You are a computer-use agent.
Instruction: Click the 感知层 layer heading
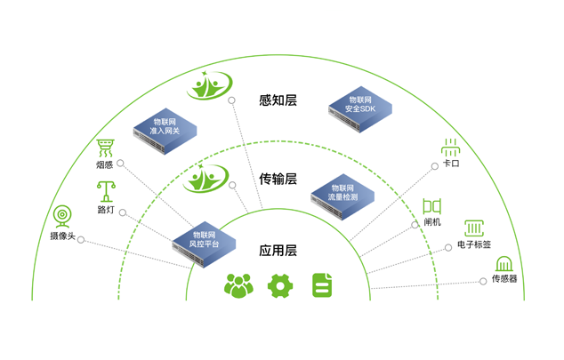coord(278,100)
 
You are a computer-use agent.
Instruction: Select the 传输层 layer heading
coord(278,179)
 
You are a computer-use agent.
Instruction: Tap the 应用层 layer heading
coord(278,251)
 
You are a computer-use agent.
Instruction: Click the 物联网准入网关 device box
coord(165,130)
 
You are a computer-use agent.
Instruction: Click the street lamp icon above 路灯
coord(106,191)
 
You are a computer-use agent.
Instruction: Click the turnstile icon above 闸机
coord(432,206)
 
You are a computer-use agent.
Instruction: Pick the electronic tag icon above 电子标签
coord(473,228)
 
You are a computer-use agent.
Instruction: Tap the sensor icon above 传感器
coord(504,264)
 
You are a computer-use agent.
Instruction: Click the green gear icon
coord(280,285)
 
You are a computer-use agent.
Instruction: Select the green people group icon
coord(238,285)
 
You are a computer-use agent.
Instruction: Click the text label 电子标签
coord(473,244)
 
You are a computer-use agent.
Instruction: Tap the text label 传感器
coord(504,279)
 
